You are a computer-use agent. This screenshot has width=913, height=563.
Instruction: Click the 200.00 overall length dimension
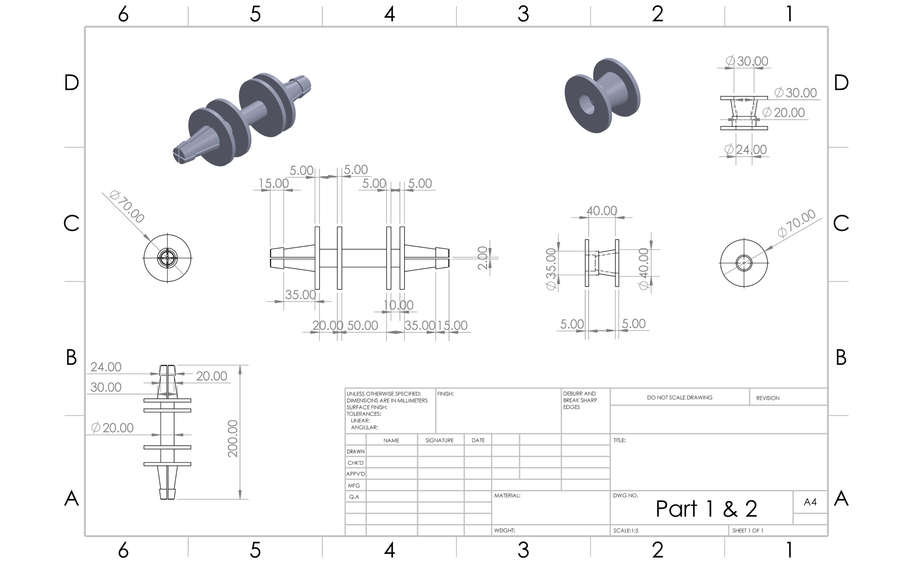click(x=232, y=438)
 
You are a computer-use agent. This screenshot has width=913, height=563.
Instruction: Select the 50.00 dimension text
click(x=362, y=326)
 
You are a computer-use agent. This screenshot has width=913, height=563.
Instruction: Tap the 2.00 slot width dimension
click(x=482, y=258)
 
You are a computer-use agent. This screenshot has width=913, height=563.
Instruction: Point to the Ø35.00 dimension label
click(x=551, y=268)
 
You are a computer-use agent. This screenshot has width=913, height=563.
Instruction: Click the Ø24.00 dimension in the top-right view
click(x=745, y=150)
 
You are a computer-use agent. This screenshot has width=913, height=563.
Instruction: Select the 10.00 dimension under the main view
click(x=398, y=305)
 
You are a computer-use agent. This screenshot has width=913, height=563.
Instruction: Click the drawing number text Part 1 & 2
click(x=706, y=509)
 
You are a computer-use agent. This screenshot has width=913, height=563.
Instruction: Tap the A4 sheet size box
click(x=810, y=502)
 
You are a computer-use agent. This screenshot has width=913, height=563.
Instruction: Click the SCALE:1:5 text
click(x=626, y=530)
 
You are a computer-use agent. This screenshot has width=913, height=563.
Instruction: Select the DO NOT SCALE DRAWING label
click(x=679, y=397)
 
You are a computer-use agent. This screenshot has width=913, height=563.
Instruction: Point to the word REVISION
click(x=767, y=398)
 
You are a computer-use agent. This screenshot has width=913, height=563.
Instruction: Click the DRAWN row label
click(x=355, y=451)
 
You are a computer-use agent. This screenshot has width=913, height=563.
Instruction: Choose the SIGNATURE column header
click(x=439, y=440)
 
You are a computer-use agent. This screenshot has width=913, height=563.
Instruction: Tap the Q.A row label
click(x=354, y=497)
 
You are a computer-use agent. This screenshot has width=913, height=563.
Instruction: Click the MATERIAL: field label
click(x=507, y=495)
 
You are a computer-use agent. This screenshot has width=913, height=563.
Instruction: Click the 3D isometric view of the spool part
click(x=602, y=96)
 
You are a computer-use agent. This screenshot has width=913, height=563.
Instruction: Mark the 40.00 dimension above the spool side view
click(x=602, y=211)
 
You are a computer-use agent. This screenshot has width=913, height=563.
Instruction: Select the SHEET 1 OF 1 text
click(x=747, y=530)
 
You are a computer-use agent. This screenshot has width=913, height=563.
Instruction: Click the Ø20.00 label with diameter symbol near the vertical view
click(x=112, y=428)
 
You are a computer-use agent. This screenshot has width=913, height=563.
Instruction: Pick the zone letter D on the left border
click(x=71, y=82)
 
